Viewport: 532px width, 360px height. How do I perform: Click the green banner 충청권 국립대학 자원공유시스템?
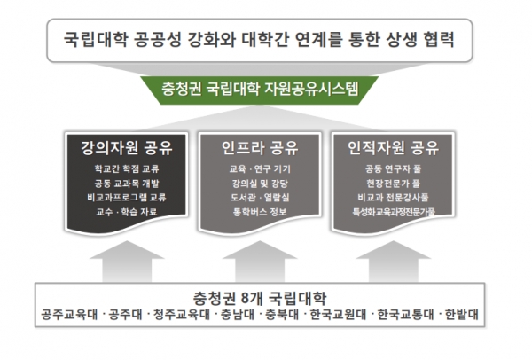tap(260, 90)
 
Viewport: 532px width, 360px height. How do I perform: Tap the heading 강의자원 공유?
tap(127, 147)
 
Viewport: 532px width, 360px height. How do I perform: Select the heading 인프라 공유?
tap(260, 147)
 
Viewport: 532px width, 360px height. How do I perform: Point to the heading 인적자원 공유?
tap(393, 147)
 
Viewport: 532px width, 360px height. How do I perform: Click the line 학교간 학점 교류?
tap(127, 168)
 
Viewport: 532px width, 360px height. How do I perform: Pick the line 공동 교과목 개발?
tap(127, 184)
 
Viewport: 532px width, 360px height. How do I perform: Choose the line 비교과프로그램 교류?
tap(127, 198)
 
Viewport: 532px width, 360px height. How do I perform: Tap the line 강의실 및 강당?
tap(260, 184)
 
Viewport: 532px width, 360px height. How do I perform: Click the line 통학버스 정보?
tap(260, 212)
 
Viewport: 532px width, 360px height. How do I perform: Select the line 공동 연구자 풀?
tap(393, 168)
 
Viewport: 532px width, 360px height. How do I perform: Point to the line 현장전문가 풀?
tap(393, 184)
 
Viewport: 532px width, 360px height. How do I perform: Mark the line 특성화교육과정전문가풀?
tap(393, 212)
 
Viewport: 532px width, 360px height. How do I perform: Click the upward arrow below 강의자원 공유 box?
tap(127, 262)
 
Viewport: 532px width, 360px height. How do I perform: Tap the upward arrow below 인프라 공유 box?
tap(260, 262)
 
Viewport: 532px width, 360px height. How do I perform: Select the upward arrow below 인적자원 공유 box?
tap(394, 262)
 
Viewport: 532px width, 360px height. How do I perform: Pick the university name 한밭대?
tap(461, 314)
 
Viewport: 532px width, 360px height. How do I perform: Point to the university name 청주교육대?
tap(182, 314)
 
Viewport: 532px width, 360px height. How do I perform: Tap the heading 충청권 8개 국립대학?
tap(260, 298)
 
